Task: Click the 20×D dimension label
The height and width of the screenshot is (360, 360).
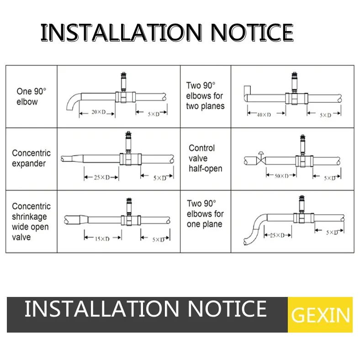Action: tap(99, 112)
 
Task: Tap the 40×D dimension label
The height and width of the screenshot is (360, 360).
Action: tap(264, 115)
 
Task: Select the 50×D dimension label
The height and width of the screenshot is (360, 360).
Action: tap(281, 176)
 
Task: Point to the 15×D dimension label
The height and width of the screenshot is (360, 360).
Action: tap(102, 239)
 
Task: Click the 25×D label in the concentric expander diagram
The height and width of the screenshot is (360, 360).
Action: tap(102, 177)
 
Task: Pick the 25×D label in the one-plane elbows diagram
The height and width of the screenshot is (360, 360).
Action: tap(277, 235)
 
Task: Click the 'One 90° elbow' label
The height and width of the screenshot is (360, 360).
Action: tap(31, 96)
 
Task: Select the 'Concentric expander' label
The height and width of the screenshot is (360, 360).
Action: tap(31, 158)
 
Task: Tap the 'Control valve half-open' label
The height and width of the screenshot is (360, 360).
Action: tap(205, 158)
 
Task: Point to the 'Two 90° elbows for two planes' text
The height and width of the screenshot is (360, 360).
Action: tap(205, 96)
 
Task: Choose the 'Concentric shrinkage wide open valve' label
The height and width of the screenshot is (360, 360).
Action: tap(31, 222)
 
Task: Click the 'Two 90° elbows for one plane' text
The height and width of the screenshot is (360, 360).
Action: tap(205, 214)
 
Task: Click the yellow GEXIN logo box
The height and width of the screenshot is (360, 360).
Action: tap(320, 314)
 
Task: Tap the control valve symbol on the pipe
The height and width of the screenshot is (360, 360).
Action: tap(261, 158)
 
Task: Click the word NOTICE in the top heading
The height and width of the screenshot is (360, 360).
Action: tap(252, 32)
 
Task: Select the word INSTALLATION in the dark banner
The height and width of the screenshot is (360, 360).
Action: tap(102, 309)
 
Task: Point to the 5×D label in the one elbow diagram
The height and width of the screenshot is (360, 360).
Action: tap(154, 114)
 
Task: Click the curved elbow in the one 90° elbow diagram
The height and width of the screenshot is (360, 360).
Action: tap(73, 101)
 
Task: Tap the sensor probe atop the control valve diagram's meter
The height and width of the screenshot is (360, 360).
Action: tap(303, 144)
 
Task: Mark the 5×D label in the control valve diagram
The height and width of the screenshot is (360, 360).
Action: tap(330, 178)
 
